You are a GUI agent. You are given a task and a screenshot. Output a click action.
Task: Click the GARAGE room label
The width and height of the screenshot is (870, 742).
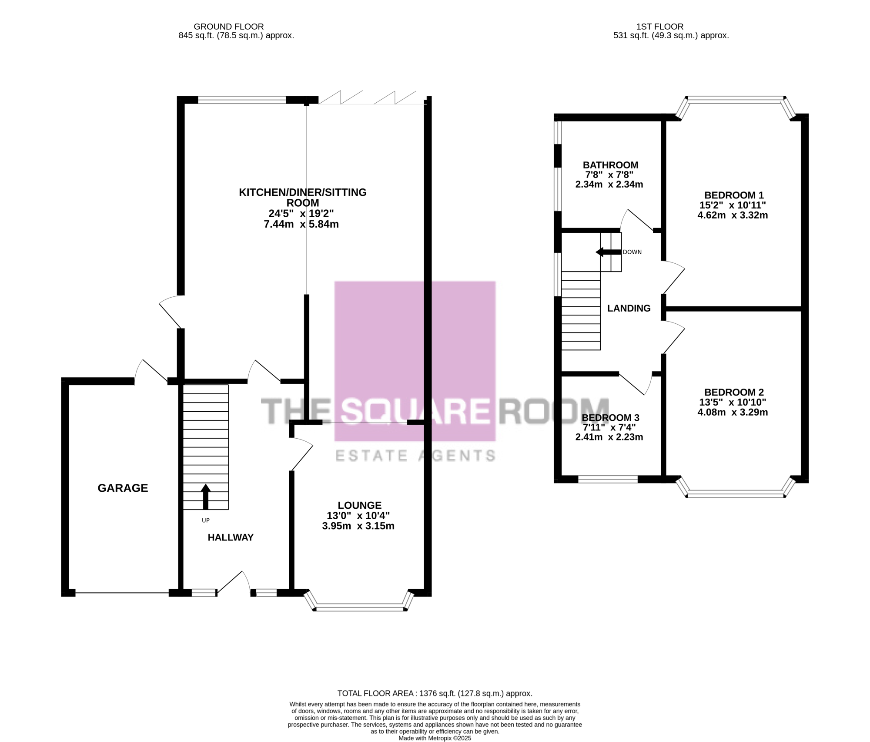(123, 488)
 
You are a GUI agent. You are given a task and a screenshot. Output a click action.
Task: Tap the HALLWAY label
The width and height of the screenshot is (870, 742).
(231, 537)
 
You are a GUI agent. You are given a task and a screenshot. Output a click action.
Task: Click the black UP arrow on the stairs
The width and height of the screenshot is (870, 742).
(206, 497)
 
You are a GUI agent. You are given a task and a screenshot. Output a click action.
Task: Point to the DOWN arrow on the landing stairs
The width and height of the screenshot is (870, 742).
(609, 252)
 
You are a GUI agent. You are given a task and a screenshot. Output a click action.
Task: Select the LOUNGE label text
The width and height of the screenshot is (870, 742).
(360, 505)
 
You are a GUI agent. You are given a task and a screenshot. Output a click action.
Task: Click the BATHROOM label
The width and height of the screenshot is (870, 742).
(611, 165)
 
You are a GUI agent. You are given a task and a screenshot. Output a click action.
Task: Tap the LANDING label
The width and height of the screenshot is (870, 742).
(629, 308)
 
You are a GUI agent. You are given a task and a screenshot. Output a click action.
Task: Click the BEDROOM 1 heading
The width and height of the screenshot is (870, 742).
(734, 195)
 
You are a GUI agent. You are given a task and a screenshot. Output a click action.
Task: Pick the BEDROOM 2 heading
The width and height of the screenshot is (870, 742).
(734, 392)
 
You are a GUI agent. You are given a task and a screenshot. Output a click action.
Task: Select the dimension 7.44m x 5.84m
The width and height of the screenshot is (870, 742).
(301, 224)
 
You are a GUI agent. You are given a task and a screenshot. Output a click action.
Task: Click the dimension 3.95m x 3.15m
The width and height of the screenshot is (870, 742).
(358, 526)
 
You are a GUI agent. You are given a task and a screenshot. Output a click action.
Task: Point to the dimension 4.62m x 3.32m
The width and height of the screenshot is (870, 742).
(733, 215)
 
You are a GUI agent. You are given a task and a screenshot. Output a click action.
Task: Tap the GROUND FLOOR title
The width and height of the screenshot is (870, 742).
(229, 27)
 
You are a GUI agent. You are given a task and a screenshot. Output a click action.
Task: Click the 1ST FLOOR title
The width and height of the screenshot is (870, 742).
(660, 27)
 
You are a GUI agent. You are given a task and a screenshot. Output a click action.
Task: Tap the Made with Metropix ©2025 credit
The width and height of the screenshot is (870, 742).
(435, 738)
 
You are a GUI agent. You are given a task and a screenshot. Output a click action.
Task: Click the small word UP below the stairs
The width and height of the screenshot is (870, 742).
(206, 520)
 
